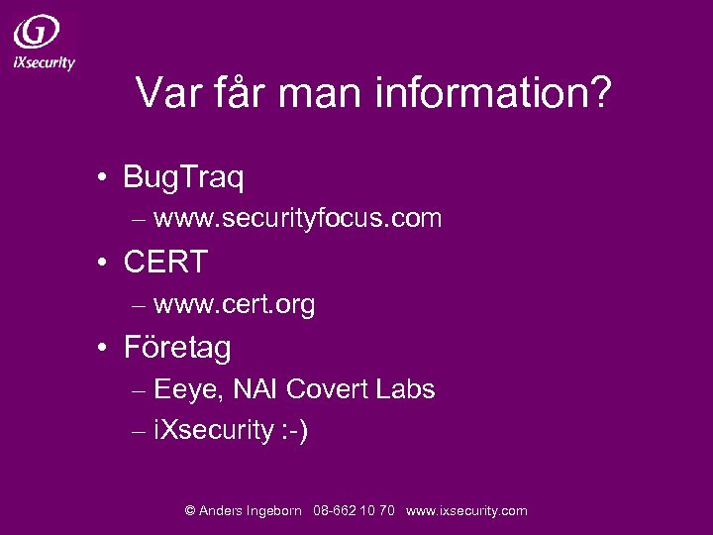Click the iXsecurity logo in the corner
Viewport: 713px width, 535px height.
click(x=43, y=43)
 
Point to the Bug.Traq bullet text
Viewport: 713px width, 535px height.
click(x=184, y=177)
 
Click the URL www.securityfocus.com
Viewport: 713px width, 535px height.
click(x=297, y=218)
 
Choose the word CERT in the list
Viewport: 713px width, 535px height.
click(x=165, y=263)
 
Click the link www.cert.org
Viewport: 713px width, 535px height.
click(x=235, y=304)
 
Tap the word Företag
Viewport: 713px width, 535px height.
click(x=177, y=348)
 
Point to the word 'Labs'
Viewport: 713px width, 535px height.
click(x=406, y=389)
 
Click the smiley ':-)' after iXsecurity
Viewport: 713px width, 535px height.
click(x=294, y=431)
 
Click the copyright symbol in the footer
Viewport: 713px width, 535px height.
click(x=190, y=511)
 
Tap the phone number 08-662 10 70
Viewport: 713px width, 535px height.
click(x=354, y=511)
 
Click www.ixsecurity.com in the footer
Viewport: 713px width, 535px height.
click(x=466, y=511)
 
